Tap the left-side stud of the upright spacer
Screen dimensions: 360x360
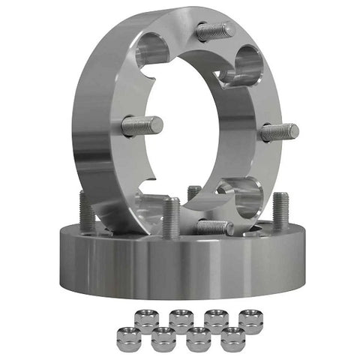click(142, 125)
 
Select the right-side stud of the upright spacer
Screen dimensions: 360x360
click(280, 133)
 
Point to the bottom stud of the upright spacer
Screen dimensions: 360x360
click(214, 226)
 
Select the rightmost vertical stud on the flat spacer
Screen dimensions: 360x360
click(280, 210)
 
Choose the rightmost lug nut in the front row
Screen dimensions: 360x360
click(233, 338)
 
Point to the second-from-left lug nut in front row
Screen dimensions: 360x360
click(163, 338)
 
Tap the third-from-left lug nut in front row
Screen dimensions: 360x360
click(198, 338)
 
